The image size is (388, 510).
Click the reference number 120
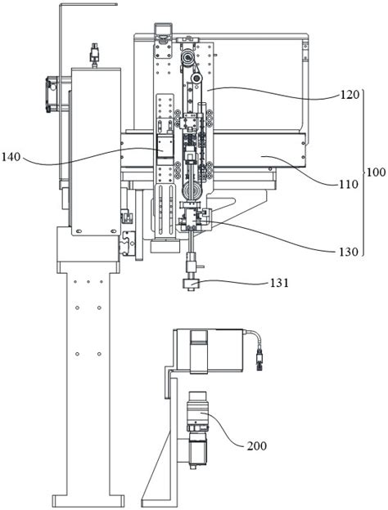pyautogui.click(x=350, y=95)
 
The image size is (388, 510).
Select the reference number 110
pyautogui.click(x=349, y=185)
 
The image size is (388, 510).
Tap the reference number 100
pyautogui.click(x=376, y=172)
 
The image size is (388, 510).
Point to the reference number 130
pyautogui.click(x=348, y=252)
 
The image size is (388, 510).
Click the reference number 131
pyautogui.click(x=279, y=283)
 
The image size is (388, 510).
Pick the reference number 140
pyautogui.click(x=11, y=158)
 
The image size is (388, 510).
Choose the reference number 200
pyautogui.click(x=257, y=445)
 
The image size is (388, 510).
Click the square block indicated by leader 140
pyautogui.click(x=165, y=146)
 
